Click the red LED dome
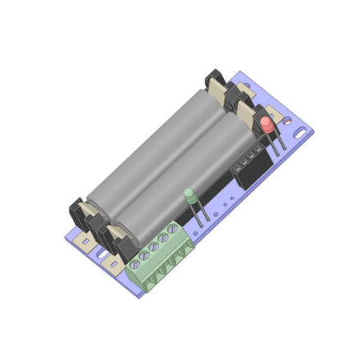[266, 123]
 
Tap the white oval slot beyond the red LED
[302, 128]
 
